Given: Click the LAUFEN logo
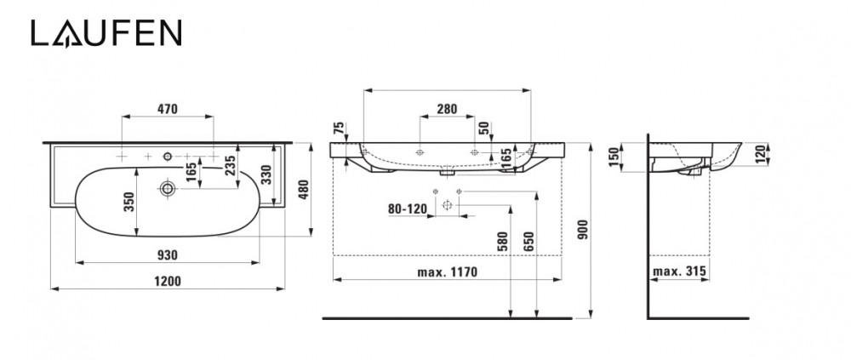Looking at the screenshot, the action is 106,33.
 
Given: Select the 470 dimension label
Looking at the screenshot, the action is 168,109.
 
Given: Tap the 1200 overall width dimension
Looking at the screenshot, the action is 168,281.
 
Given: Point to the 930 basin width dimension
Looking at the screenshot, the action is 168,255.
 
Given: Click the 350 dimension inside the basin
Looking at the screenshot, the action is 129,203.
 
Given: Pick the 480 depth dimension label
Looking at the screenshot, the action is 304,190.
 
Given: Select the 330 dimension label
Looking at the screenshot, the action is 266,174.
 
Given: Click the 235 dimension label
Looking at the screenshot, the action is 230,167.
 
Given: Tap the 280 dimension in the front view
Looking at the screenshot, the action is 447,109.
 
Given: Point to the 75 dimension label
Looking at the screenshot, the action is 339,129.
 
